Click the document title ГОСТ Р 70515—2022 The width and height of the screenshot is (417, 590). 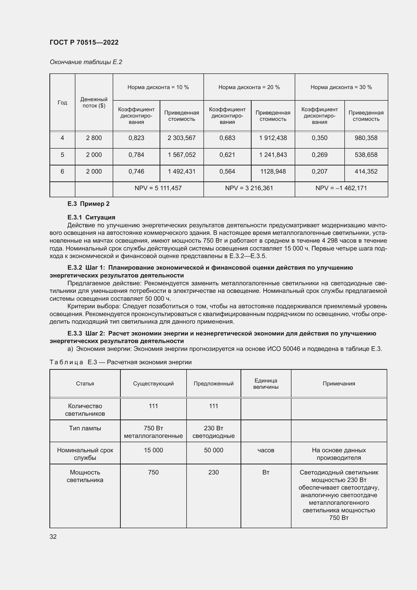[x=84, y=42]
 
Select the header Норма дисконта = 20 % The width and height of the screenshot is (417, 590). [x=249, y=87]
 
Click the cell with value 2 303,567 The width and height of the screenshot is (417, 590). [x=182, y=138]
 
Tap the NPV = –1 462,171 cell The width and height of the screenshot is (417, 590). [x=341, y=188]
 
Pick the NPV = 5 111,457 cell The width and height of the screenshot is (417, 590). [x=158, y=188]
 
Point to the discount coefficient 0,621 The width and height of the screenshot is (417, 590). [x=227, y=155]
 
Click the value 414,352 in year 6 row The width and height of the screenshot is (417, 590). [x=366, y=171]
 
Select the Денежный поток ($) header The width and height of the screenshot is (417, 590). [x=94, y=102]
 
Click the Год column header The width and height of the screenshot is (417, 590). [x=62, y=102]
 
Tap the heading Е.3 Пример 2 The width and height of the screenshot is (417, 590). [x=88, y=204]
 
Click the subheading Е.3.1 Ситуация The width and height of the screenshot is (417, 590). [x=91, y=217]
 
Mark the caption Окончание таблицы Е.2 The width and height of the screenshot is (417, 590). [x=86, y=62]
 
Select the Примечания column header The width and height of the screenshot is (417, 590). [x=339, y=384]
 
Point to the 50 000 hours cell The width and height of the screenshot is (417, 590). [x=213, y=450]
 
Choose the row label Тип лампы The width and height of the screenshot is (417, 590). [x=85, y=428]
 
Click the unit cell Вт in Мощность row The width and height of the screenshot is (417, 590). [x=266, y=472]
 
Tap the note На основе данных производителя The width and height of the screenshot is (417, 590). [x=339, y=454]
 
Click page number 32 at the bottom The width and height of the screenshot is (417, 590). [x=53, y=537]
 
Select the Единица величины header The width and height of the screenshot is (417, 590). [x=266, y=384]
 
